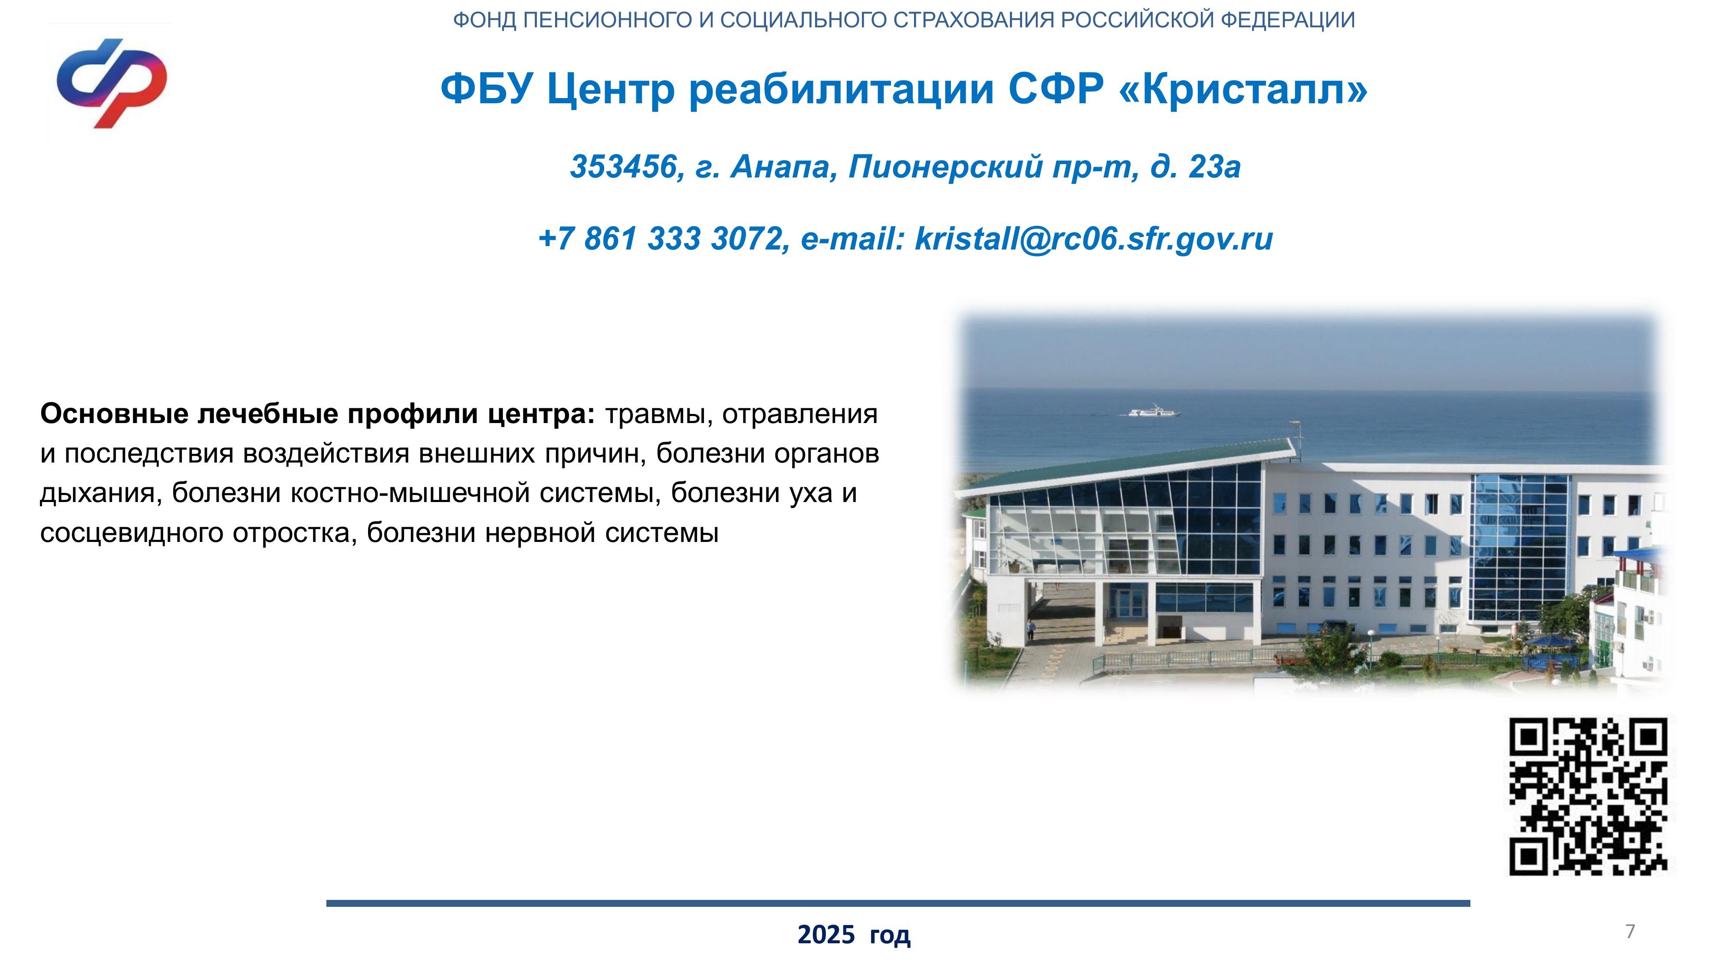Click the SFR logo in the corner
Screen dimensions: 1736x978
[x=111, y=83]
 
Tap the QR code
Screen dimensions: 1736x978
[x=1588, y=797]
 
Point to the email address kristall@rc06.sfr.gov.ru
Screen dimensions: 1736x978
[x=1094, y=239]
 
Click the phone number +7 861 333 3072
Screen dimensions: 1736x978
[x=661, y=239]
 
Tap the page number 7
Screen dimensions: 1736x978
[x=1630, y=932]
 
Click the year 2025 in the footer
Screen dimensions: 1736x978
[x=826, y=935]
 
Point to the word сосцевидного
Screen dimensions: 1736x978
[x=132, y=533]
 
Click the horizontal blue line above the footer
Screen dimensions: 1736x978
[x=898, y=903]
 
